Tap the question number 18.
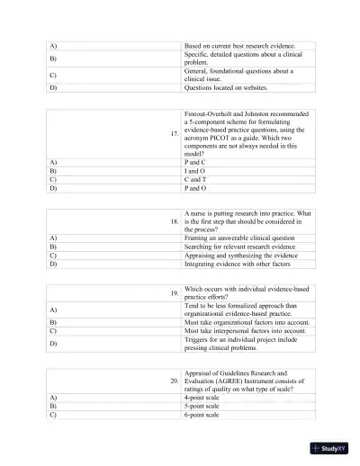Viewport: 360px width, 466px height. [174, 220]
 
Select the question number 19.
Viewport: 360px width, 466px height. [174, 292]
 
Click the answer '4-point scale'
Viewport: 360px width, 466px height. [204, 397]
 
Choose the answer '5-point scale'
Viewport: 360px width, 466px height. [204, 406]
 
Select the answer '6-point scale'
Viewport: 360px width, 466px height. [204, 415]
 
